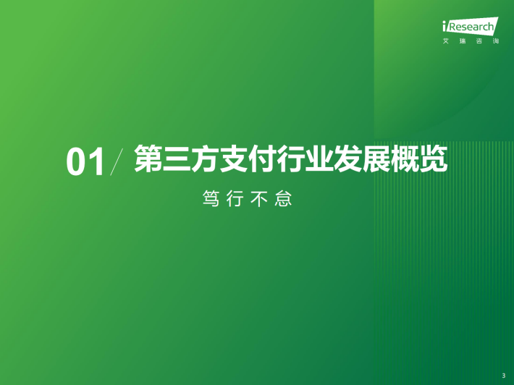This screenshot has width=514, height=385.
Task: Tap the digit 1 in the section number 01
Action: [x=97, y=161]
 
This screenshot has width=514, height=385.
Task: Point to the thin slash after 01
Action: [x=117, y=161]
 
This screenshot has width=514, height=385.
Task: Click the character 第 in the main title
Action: [x=148, y=158]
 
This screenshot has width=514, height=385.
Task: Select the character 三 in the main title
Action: [x=177, y=158]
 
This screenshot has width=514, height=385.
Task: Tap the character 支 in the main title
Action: [x=234, y=158]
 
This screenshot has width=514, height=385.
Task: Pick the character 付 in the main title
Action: [x=262, y=158]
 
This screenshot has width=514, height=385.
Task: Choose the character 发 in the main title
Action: [x=347, y=158]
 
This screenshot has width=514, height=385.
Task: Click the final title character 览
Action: [x=434, y=158]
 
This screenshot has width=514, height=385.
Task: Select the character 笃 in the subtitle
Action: [x=211, y=198]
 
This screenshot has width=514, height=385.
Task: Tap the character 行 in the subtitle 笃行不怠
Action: [x=235, y=198]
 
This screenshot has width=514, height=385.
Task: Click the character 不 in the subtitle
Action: [x=259, y=198]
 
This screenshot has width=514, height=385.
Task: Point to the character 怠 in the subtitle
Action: [x=283, y=198]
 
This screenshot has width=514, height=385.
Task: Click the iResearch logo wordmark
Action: [x=471, y=26]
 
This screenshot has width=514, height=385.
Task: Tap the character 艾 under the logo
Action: [x=446, y=41]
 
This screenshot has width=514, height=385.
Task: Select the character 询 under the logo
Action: [x=496, y=41]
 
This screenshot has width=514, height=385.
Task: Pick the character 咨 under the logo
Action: [x=479, y=41]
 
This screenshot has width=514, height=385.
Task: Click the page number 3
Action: [x=504, y=376]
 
